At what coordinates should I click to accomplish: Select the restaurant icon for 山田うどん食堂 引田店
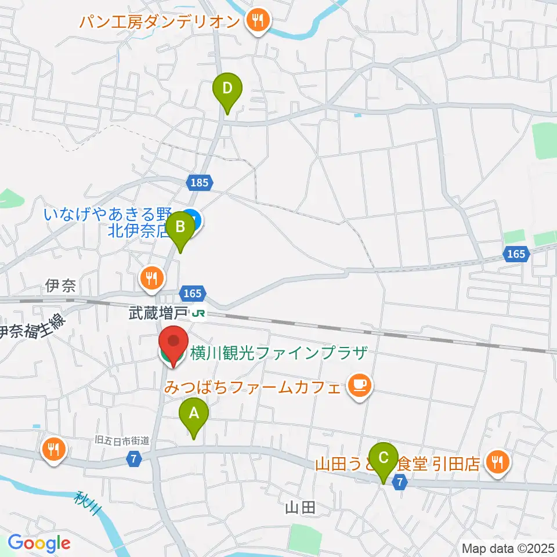(498, 462)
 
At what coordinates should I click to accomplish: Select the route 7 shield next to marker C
(400, 482)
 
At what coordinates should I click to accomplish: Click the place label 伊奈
(60, 285)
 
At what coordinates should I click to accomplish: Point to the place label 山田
(301, 508)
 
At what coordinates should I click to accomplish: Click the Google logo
(39, 543)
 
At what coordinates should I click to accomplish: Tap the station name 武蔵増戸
(158, 314)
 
